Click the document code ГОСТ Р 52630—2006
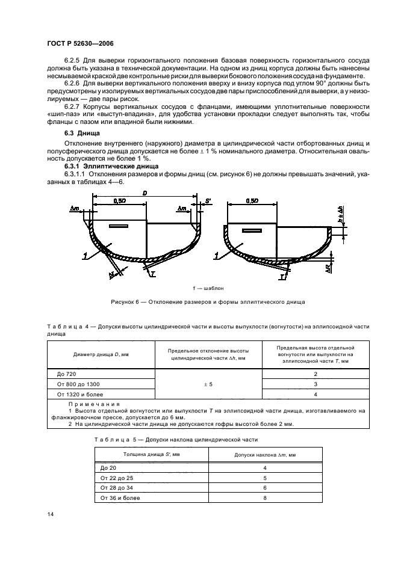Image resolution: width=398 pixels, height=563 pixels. click(80, 43)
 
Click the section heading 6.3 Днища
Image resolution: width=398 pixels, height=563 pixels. click(82, 132)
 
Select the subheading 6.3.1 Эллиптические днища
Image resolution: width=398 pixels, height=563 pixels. click(111, 165)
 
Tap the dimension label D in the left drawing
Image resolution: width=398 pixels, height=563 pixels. click(145, 194)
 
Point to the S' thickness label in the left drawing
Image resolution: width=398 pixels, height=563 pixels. click(208, 199)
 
